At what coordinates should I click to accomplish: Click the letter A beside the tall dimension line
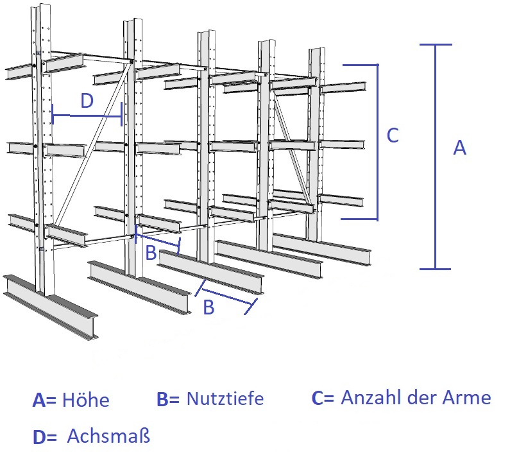point(459,148)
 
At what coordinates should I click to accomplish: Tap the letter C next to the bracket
point(393,135)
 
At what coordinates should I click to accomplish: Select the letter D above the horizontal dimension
point(87,101)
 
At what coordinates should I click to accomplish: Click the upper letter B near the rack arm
point(151,253)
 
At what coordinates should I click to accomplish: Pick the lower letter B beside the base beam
point(209,307)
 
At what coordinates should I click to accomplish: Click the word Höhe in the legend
point(86,400)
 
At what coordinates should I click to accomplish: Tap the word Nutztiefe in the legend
point(225,398)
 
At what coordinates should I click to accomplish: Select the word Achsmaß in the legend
point(108,436)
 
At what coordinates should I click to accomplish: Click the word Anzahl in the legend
point(370,397)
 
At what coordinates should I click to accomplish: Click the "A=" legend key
point(44,400)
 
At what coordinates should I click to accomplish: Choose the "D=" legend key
point(45,437)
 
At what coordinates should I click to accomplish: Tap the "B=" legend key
point(168,399)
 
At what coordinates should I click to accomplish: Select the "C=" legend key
point(323,397)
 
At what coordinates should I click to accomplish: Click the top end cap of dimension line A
point(436,44)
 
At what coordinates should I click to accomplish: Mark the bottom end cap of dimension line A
point(435,269)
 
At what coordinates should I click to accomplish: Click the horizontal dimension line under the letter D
point(87,116)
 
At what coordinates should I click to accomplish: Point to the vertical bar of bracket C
point(378,142)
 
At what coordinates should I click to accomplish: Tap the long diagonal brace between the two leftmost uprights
point(93,144)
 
